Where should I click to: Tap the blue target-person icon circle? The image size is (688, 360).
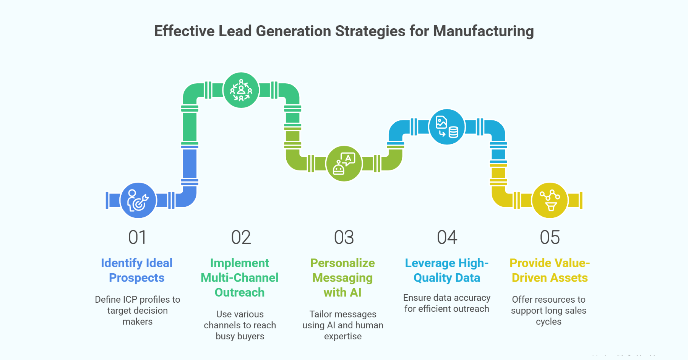(x=138, y=200)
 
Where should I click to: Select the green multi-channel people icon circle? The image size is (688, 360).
(x=241, y=90)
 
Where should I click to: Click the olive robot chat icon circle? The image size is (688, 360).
(x=344, y=164)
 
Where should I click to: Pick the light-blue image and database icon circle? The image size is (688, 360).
(x=447, y=127)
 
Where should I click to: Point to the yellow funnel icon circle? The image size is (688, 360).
(x=550, y=200)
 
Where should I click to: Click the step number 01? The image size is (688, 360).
(x=137, y=237)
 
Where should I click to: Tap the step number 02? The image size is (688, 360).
(x=241, y=237)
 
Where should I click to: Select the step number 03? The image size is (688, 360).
(x=344, y=237)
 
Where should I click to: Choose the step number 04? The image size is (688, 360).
(x=447, y=237)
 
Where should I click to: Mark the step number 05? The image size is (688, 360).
(x=550, y=237)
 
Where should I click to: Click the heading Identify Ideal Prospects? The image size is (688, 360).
(x=137, y=270)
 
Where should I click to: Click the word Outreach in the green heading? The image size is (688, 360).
(x=240, y=292)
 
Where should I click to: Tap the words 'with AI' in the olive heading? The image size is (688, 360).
(x=342, y=292)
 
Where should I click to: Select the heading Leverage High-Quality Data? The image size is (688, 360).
(x=447, y=270)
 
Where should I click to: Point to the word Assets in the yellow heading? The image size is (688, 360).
(x=569, y=278)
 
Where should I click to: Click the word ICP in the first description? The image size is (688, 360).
(x=130, y=300)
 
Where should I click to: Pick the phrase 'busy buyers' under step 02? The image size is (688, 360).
(x=240, y=336)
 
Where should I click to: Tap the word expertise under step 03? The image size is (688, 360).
(x=343, y=336)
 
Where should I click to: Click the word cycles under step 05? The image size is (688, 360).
(x=548, y=322)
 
